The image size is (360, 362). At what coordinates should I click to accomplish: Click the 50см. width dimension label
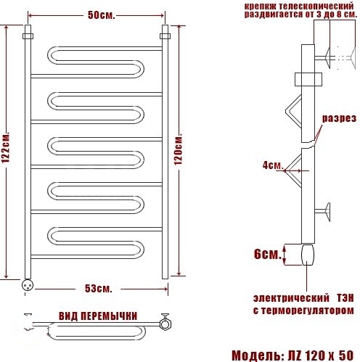point(101,15)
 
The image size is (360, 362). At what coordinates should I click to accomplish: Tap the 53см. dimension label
point(99,289)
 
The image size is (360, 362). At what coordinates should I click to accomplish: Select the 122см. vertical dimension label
point(6,147)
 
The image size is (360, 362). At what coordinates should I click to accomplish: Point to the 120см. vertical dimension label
point(178,149)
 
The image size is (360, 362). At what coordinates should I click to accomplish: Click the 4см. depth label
point(273,165)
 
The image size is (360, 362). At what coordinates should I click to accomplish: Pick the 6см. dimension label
point(268,254)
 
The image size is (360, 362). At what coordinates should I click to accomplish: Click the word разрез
point(339,118)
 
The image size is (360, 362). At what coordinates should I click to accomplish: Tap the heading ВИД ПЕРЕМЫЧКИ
point(98,316)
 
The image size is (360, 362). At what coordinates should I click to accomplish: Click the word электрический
point(291,298)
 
